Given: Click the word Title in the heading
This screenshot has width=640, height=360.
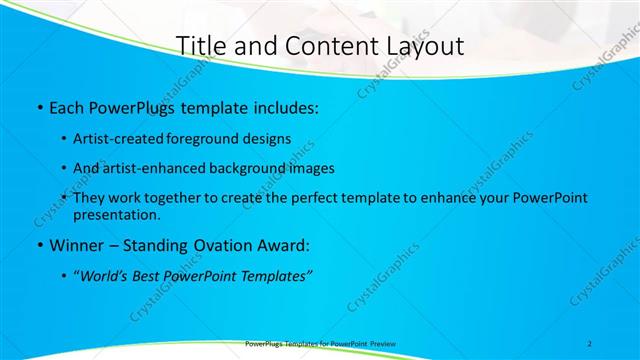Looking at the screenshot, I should point(198,46).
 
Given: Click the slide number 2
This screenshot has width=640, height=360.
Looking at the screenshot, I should point(589,344).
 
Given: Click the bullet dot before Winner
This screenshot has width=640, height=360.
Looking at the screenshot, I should point(38,245).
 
